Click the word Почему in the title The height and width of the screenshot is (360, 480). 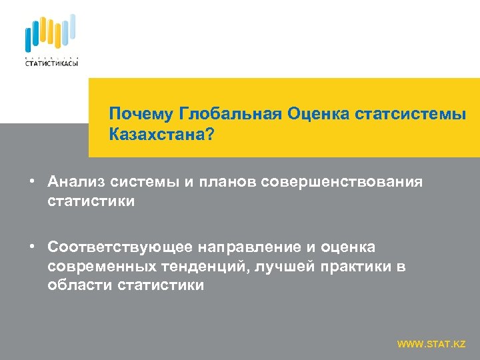138,113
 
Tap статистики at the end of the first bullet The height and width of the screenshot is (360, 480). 91,201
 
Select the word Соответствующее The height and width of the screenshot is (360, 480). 120,248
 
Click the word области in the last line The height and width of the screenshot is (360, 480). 80,286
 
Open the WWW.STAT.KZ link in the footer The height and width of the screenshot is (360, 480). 431,344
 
